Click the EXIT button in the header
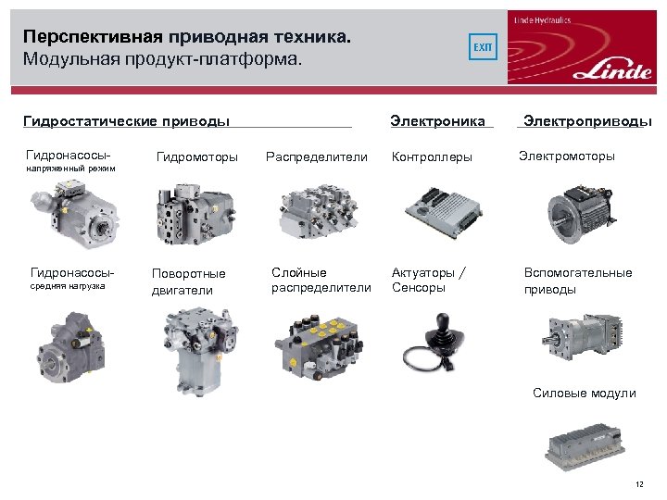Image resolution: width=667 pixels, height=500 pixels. pyautogui.click(x=483, y=47)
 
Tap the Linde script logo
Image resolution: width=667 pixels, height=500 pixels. pyautogui.click(x=612, y=70)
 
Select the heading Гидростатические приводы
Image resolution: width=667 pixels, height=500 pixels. pyautogui.click(x=126, y=121)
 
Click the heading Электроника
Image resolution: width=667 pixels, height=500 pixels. pyautogui.click(x=437, y=121)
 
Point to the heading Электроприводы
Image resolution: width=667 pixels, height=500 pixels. pyautogui.click(x=587, y=121)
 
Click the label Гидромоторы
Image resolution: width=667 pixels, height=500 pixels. pyautogui.click(x=197, y=157)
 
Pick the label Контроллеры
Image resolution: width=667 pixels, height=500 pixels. pyautogui.click(x=432, y=157)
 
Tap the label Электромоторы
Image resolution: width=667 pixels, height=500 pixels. pyautogui.click(x=567, y=156)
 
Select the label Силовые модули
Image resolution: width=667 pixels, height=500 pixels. pyautogui.click(x=584, y=394)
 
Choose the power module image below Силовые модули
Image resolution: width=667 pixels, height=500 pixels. pyautogui.click(x=585, y=446)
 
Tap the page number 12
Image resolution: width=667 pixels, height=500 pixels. pyautogui.click(x=639, y=484)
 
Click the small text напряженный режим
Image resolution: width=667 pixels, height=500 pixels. pyautogui.click(x=70, y=169)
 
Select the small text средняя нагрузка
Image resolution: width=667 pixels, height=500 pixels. pyautogui.click(x=68, y=286)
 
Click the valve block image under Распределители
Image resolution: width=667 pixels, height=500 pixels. pyautogui.click(x=319, y=211)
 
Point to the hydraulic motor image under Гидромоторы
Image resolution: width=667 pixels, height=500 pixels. pyautogui.click(x=196, y=214)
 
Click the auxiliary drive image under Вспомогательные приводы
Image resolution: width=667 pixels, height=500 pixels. pyautogui.click(x=583, y=338)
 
